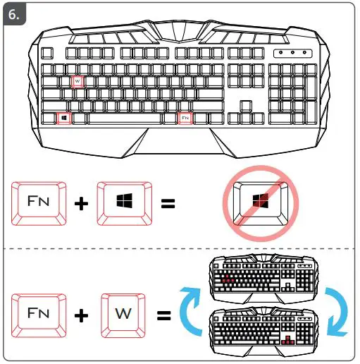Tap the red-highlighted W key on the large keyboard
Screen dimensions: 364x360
point(77,81)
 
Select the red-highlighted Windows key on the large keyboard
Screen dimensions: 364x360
point(63,119)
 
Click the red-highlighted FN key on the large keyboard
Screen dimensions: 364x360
point(185,119)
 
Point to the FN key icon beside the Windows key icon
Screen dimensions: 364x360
point(39,203)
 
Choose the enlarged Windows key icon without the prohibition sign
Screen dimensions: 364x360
point(125,203)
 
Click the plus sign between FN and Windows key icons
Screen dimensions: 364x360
point(82,204)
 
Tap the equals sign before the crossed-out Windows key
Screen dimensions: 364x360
point(168,204)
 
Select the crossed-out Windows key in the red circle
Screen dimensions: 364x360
point(261,202)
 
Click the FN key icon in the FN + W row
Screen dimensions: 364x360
point(39,313)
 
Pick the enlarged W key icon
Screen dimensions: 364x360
point(125,313)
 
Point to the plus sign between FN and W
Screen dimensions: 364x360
point(82,314)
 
